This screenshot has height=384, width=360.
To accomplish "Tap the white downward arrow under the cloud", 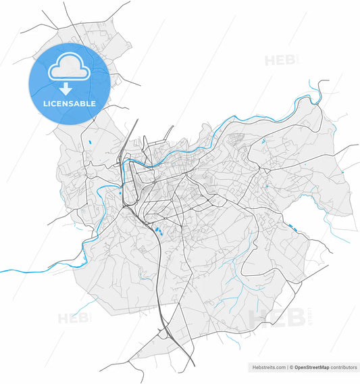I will click(x=66, y=89).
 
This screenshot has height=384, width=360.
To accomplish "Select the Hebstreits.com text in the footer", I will click(x=268, y=368).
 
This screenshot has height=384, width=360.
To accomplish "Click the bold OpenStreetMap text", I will click(x=313, y=368).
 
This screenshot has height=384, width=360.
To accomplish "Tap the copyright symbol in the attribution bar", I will click(x=292, y=368).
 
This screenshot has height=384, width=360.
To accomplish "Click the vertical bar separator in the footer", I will click(x=288, y=368).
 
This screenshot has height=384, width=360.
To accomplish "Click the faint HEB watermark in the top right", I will click(x=280, y=60).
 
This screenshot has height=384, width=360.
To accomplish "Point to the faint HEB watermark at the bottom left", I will click(x=73, y=318).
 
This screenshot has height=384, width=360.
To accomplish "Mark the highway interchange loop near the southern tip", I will click(x=164, y=331).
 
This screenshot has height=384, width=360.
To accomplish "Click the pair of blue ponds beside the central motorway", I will click(x=159, y=231).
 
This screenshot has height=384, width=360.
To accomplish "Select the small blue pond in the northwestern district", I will click(x=89, y=142).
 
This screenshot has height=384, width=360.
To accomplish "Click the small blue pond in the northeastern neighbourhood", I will click(x=262, y=143).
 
